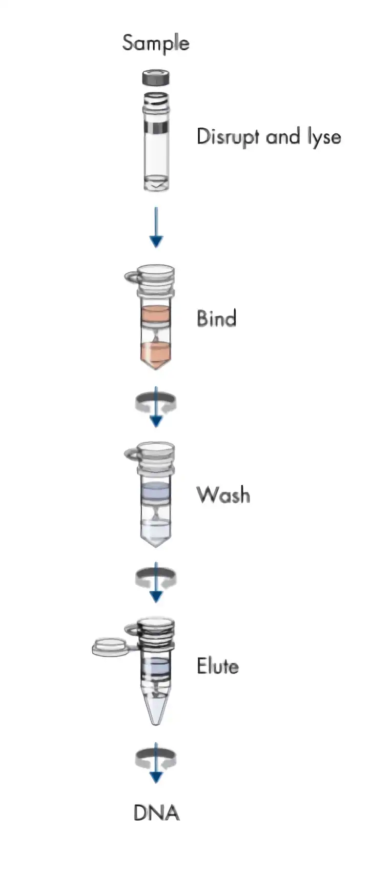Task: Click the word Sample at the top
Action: point(155,43)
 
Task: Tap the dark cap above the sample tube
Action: point(156,78)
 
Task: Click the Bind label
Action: point(216,318)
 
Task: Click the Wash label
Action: point(223,494)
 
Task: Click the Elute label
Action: point(218,666)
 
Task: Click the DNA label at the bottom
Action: point(156,813)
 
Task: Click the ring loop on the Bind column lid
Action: point(132,276)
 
